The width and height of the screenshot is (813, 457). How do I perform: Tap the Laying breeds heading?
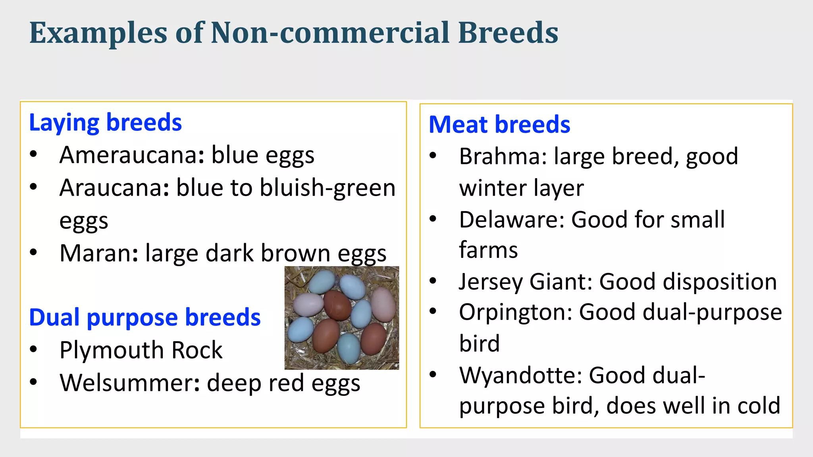[105, 123]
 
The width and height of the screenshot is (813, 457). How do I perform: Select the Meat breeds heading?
[499, 125]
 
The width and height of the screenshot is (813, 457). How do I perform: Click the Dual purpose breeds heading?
[145, 317]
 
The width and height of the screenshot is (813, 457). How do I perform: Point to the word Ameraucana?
[131, 155]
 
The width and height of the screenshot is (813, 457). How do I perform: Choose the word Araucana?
[114, 188]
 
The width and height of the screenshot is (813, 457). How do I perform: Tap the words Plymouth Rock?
[141, 350]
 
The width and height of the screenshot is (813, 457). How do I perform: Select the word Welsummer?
[129, 383]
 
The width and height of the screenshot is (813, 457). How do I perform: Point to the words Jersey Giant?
[525, 282]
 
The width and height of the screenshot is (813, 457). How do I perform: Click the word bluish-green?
[328, 188]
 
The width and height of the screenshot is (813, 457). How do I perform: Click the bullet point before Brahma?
[433, 156]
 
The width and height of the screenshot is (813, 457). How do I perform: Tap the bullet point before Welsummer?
[33, 382]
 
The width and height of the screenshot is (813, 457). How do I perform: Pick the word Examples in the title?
[98, 33]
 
